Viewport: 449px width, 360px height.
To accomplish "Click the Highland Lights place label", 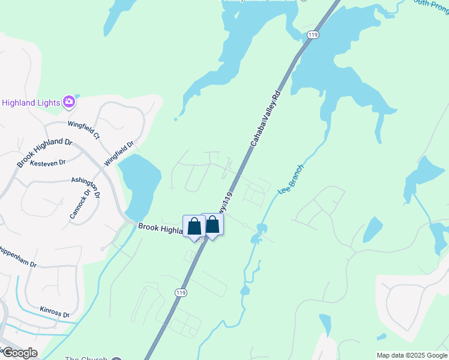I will [x=31, y=103].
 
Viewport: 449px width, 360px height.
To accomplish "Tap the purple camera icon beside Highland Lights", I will [x=70, y=102].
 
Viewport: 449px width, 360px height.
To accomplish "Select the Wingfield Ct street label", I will [x=83, y=131].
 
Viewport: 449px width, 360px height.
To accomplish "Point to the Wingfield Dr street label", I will [x=120, y=154].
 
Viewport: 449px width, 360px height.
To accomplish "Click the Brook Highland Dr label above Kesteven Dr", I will [x=44, y=153].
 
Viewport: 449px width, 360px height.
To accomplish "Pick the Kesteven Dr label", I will [x=47, y=163].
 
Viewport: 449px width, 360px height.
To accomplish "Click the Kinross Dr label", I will [x=55, y=312].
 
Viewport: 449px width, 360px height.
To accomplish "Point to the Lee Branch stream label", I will [x=291, y=179].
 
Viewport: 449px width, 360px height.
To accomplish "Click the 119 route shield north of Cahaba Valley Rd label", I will [x=312, y=35].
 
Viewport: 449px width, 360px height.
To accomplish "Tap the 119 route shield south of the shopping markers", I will [x=179, y=292].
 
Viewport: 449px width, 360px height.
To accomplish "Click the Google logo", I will [x=19, y=353].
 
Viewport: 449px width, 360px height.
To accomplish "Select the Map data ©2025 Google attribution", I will [x=412, y=355].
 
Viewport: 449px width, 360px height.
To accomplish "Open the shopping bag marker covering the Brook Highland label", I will [x=194, y=227].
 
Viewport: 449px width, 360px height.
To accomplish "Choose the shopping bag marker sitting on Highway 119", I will [x=212, y=224].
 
